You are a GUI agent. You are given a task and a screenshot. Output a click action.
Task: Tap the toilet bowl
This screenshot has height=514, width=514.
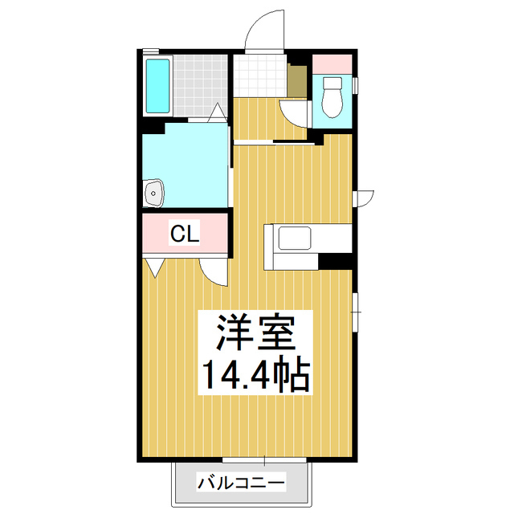coord(330,98)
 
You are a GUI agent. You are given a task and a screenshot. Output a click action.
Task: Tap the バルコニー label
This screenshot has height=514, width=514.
coord(240,483)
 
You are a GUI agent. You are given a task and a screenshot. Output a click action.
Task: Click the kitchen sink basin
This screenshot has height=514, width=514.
coord(295,239)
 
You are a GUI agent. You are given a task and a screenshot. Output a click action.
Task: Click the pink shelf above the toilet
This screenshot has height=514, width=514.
coord(332,63)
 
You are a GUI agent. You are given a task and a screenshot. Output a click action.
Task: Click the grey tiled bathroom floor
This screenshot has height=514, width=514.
coord(200,85)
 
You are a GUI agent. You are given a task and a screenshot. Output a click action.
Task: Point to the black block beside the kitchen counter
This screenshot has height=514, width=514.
coord(336,260)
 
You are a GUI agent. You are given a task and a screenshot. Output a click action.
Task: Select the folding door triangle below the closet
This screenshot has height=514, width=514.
coord(154,267)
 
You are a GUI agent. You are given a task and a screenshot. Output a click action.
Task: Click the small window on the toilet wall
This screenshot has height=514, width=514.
coord(354,84)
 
